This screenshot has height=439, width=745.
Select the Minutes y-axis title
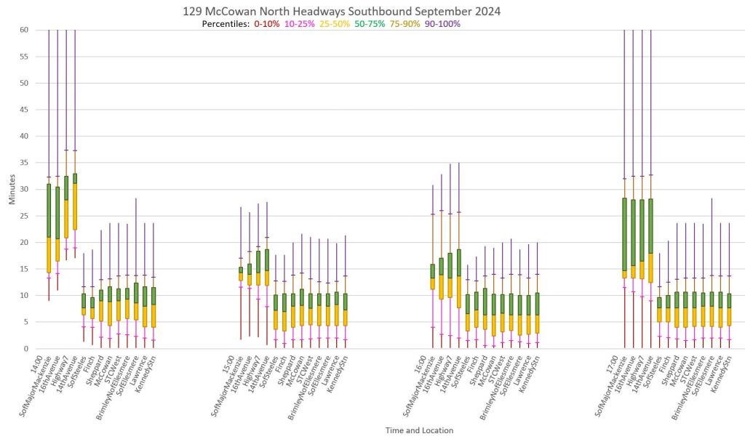tap(12, 189)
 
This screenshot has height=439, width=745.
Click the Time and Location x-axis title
tap(419, 430)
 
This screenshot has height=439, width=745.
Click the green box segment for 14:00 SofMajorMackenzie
tap(49, 210)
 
